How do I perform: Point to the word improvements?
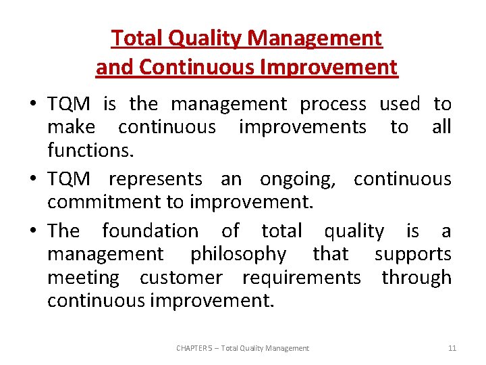(302, 127)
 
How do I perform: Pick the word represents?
(155, 179)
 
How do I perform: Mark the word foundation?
(150, 231)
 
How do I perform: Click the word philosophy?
(239, 254)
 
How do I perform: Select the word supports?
(413, 254)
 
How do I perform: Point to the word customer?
(180, 277)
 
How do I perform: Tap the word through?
(416, 277)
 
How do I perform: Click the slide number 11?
(452, 348)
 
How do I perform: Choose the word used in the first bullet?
(400, 104)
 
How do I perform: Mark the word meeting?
(82, 277)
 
